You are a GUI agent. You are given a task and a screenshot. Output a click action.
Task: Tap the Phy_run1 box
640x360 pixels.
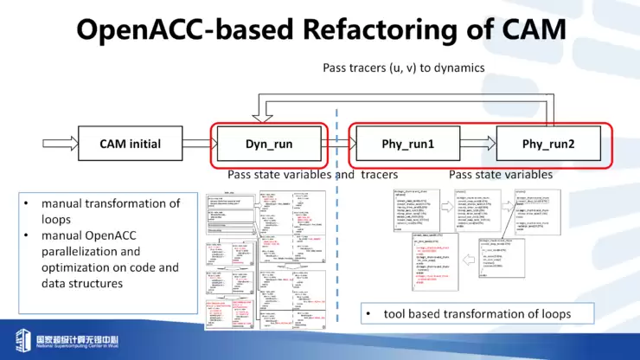click(407, 144)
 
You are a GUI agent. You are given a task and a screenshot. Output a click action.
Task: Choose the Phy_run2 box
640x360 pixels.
click(548, 144)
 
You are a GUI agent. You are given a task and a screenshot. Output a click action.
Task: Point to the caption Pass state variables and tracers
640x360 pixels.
click(306, 175)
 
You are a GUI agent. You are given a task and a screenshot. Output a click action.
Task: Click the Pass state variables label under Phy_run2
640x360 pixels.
click(501, 175)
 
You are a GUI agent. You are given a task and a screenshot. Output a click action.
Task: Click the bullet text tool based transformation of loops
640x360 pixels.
click(477, 312)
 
